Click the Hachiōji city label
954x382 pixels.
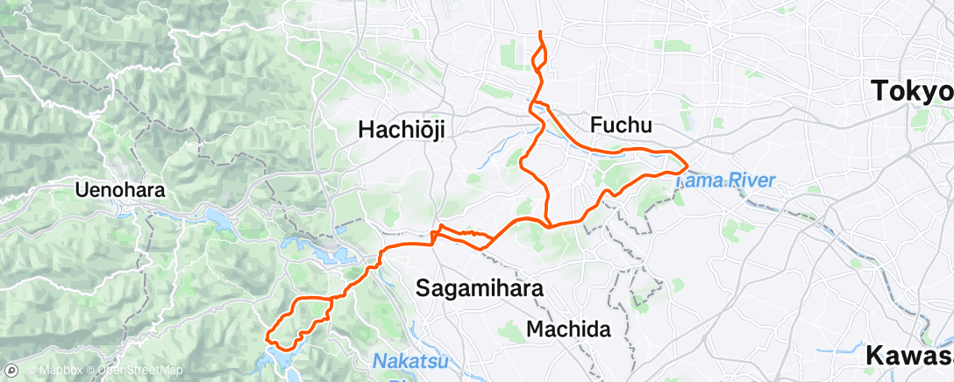tap(402, 131)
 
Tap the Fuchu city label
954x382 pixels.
tap(622, 125)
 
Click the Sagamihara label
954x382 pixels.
tap(479, 287)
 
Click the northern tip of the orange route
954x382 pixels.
tap(539, 32)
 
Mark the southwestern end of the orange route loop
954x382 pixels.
tap(268, 334)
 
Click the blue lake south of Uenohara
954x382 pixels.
tap(216, 216)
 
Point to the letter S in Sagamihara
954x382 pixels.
tap(422, 287)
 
